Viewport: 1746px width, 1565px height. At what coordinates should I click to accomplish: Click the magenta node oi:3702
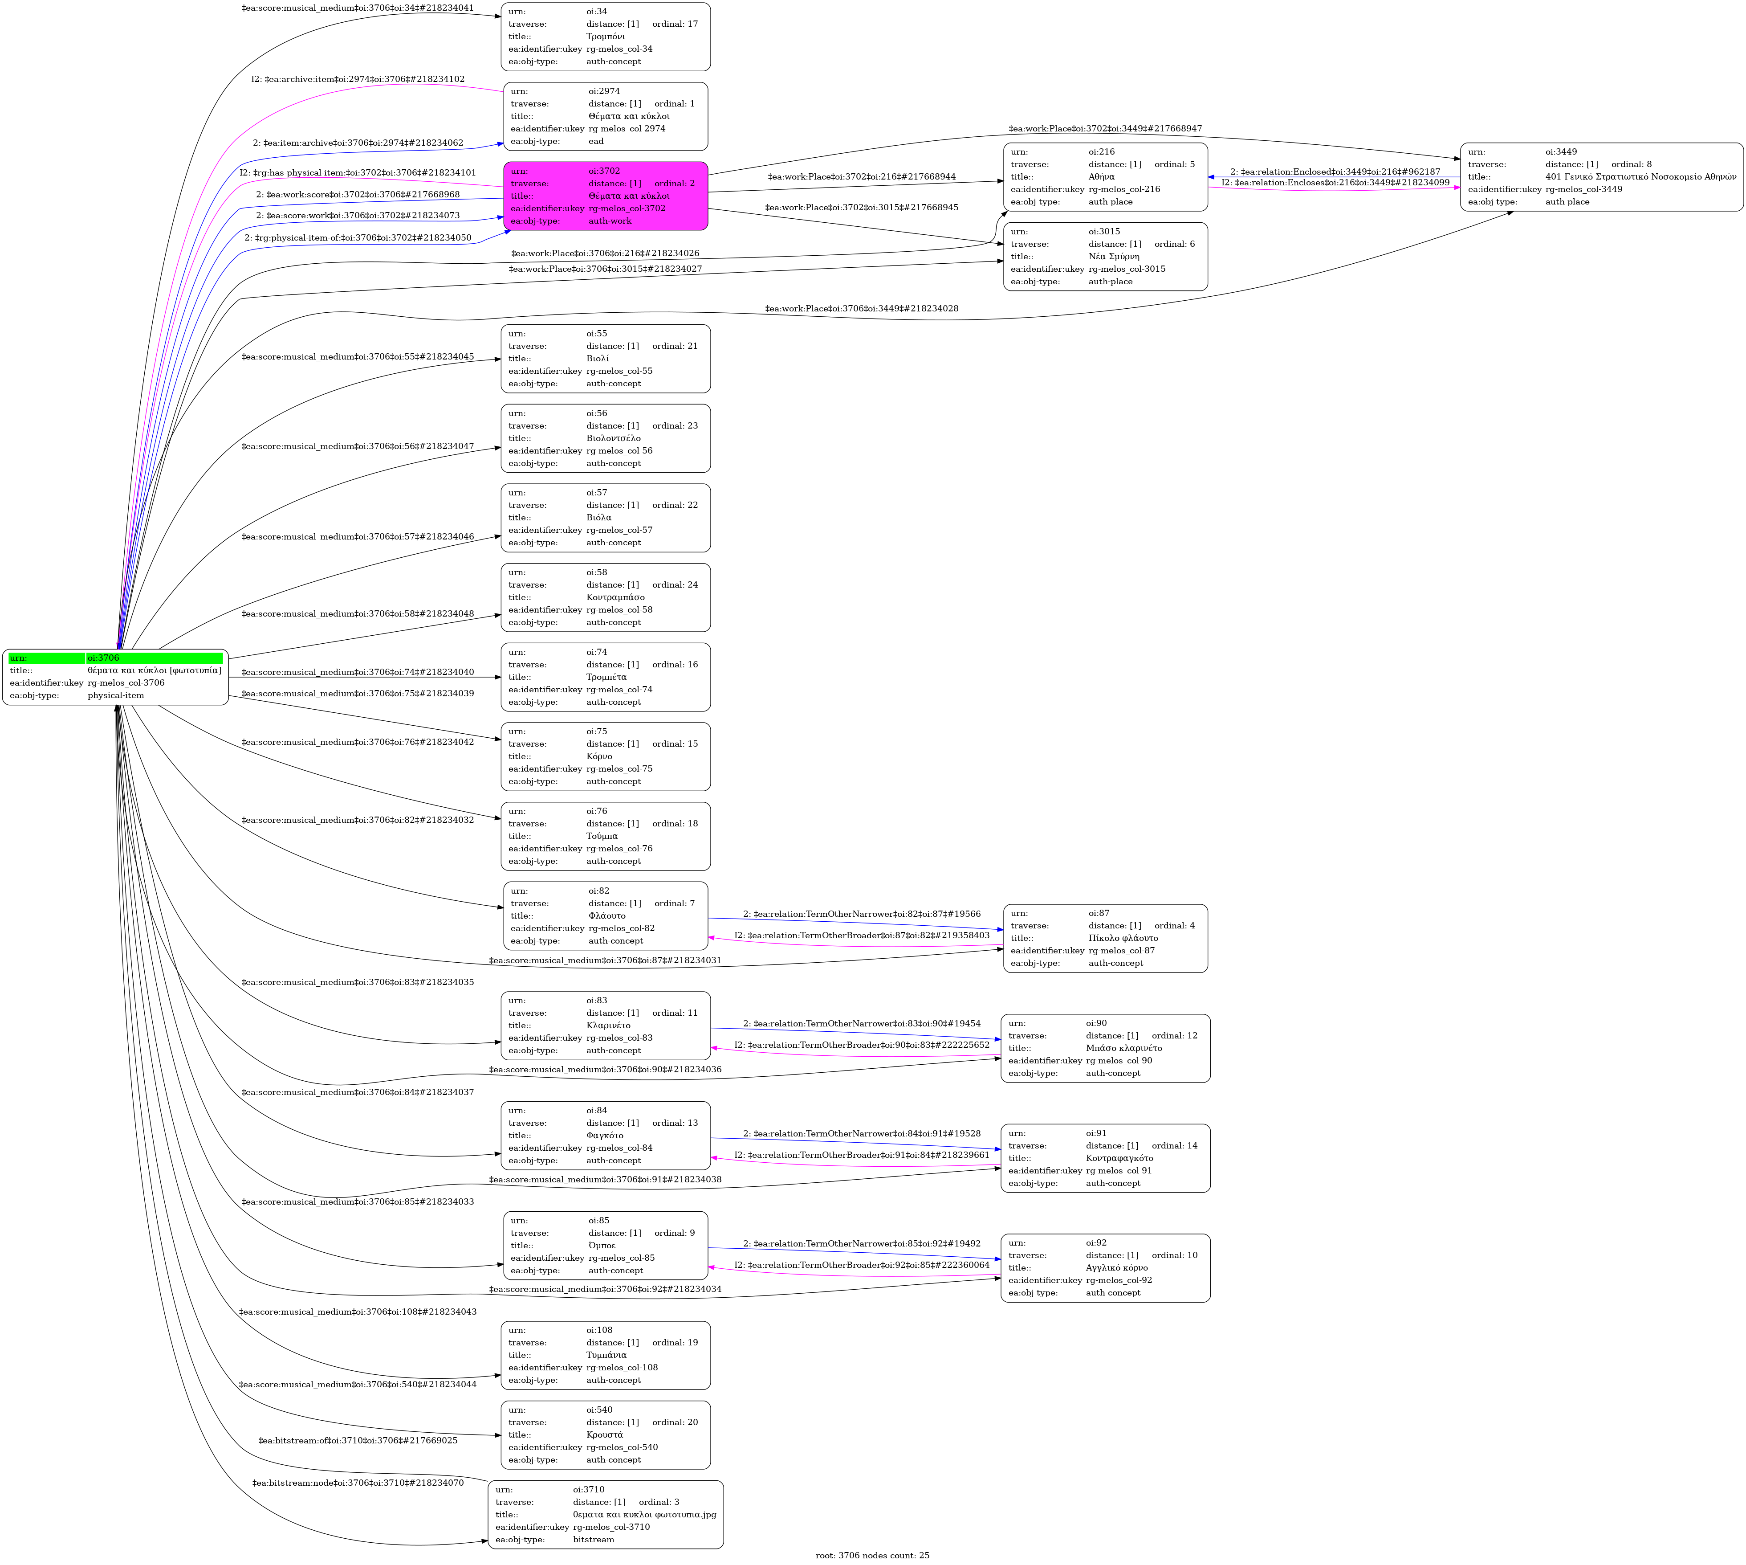tap(605, 196)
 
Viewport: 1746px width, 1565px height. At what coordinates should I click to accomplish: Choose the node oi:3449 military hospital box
tap(1601, 177)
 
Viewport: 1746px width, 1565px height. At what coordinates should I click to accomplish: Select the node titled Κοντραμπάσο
tap(605, 598)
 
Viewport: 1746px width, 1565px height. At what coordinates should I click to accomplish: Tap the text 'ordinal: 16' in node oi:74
tap(675, 665)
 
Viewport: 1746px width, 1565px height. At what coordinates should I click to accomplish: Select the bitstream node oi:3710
tap(605, 1514)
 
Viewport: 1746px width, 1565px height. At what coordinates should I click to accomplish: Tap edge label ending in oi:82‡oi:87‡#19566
tap(861, 914)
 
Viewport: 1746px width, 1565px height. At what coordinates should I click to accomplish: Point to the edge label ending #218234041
tap(358, 8)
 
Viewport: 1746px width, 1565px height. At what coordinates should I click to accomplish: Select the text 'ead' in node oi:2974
tap(596, 141)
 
